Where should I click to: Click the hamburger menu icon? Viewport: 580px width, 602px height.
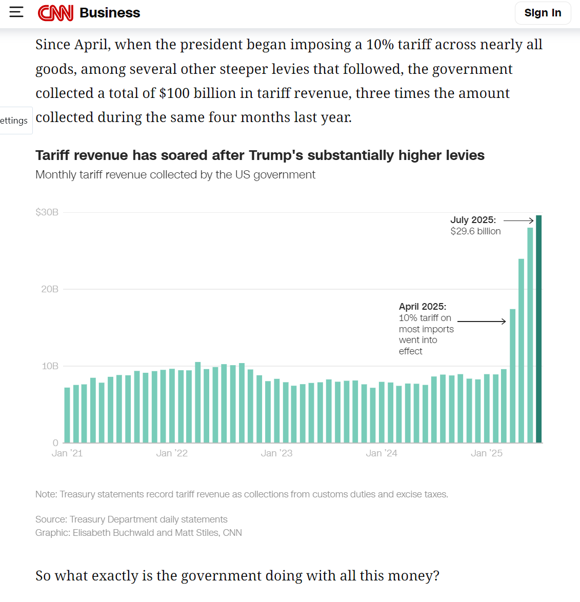tap(16, 12)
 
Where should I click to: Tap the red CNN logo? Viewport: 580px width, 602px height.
tap(55, 13)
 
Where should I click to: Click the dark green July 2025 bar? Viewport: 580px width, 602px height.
tap(538, 328)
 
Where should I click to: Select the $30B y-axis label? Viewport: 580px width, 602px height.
tap(47, 212)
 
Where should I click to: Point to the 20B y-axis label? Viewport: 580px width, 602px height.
tap(50, 289)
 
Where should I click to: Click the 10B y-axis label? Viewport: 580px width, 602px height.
tap(50, 366)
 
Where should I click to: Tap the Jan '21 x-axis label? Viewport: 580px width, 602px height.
tap(67, 453)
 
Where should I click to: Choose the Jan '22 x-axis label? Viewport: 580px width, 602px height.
tap(172, 453)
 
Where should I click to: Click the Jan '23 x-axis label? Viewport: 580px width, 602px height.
tap(276, 453)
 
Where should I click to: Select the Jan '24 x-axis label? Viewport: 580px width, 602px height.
tap(382, 453)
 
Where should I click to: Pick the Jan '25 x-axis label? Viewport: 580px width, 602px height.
tap(487, 453)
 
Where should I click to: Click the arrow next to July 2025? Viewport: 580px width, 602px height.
tap(518, 220)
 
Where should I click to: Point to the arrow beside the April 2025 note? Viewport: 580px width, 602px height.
tap(482, 322)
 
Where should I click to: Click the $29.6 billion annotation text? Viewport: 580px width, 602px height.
tap(475, 231)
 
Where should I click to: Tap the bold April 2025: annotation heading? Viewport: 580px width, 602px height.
tap(423, 307)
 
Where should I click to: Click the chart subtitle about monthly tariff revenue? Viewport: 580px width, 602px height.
tap(175, 175)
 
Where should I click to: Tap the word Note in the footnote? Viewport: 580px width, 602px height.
tap(46, 494)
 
